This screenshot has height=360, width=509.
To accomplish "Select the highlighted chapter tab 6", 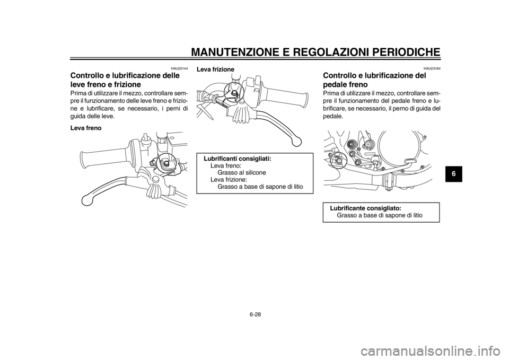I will [454, 173].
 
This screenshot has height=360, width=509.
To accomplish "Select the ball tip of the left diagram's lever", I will [85, 200].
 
